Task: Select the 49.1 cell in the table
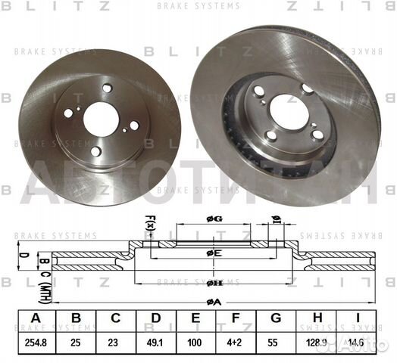click(155, 341)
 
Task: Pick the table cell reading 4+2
click(235, 341)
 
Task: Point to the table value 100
click(195, 341)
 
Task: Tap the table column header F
click(235, 318)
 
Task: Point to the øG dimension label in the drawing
click(214, 219)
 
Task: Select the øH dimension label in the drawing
click(214, 284)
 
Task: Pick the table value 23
click(114, 341)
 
